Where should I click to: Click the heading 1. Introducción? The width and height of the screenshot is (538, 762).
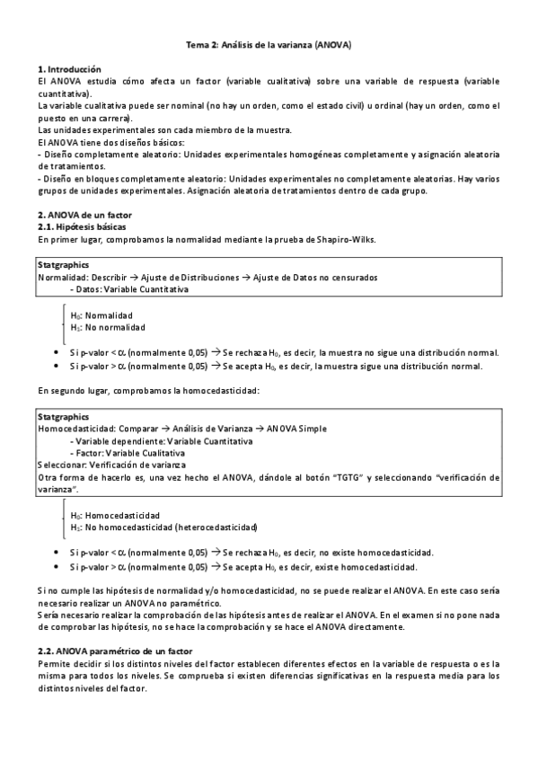[69, 69]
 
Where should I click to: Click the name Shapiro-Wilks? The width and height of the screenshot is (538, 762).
[346, 240]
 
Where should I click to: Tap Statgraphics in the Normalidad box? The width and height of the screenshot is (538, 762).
[63, 267]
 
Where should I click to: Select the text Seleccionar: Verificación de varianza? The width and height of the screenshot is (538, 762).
[111, 465]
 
